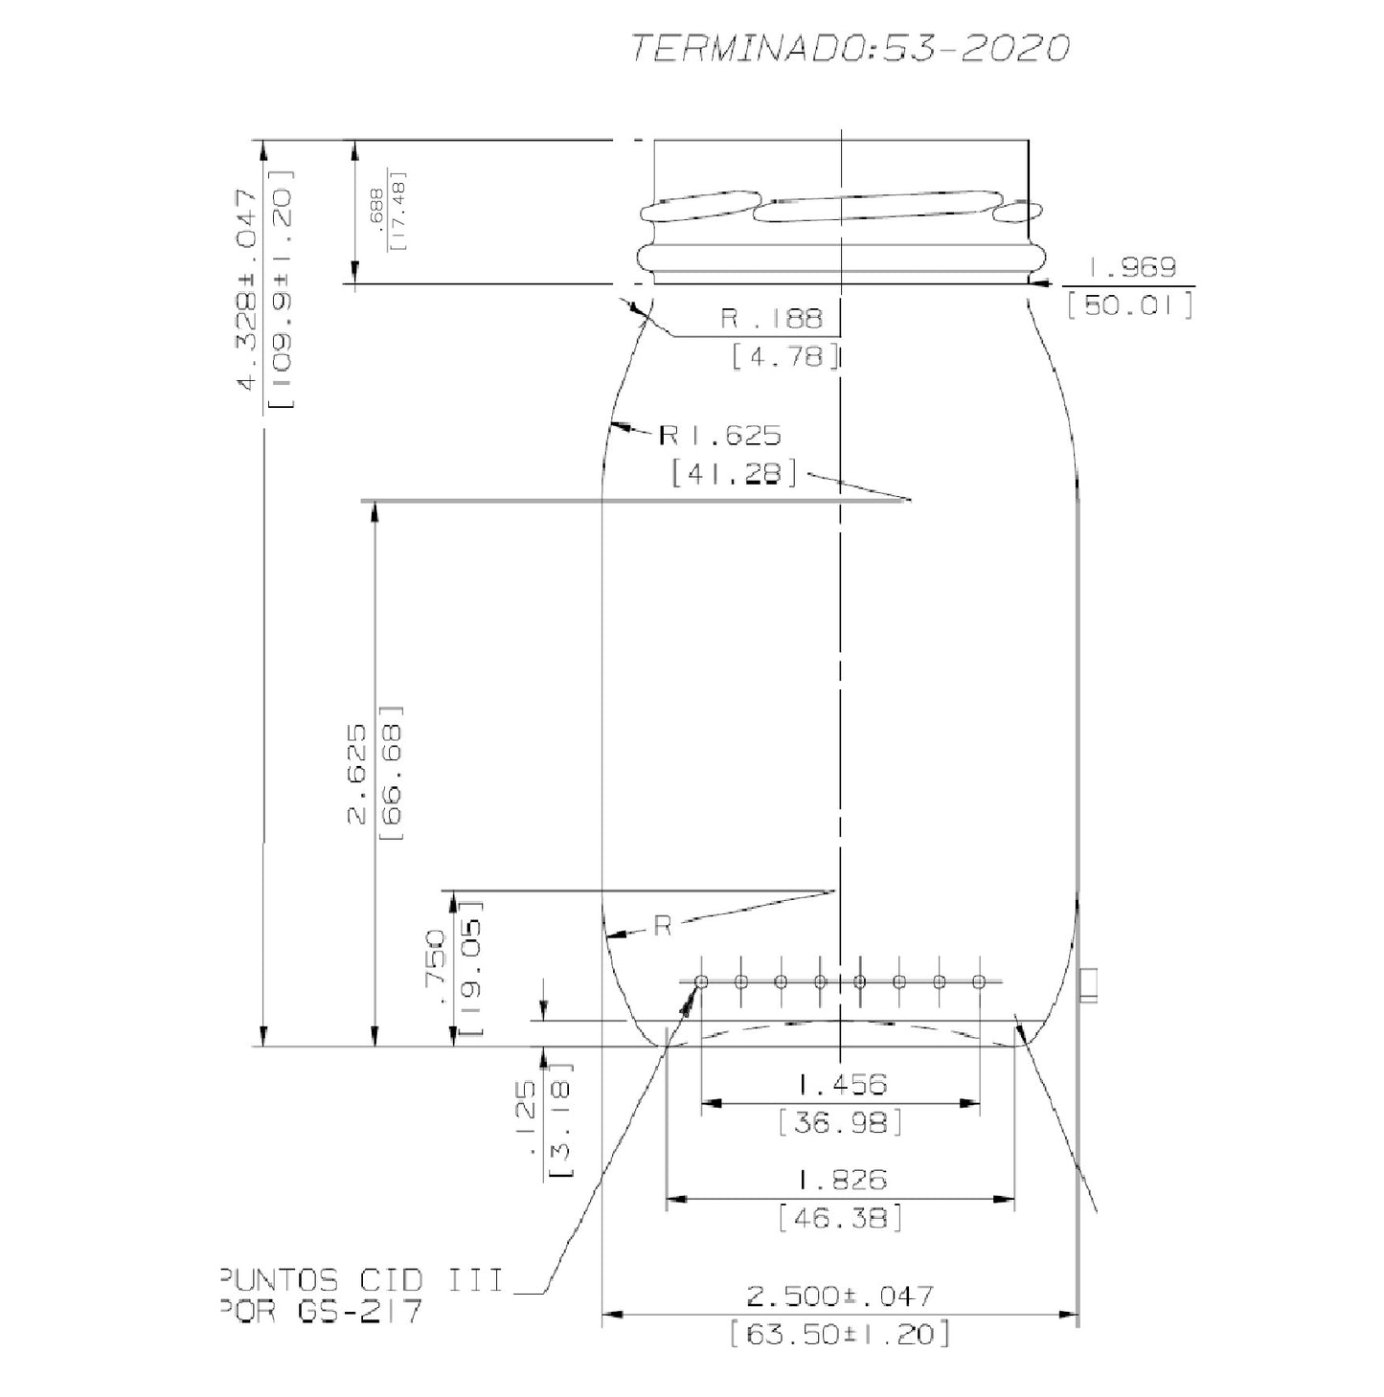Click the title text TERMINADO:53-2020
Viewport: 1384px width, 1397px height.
click(849, 49)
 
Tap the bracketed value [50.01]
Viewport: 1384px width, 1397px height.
click(1130, 306)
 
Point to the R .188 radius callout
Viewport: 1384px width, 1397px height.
click(771, 319)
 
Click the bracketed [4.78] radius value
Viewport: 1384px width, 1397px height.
click(785, 357)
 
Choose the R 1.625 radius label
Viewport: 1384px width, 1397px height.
click(719, 436)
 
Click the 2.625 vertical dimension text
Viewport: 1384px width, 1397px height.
click(356, 773)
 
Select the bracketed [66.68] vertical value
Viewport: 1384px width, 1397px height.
click(392, 773)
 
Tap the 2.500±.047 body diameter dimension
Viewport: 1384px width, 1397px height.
click(839, 1296)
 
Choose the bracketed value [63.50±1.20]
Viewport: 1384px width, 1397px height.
click(839, 1334)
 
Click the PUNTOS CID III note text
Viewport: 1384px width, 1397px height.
click(360, 1280)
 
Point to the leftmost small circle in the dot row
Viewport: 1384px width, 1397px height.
click(701, 981)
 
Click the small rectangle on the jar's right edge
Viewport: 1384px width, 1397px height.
click(1088, 984)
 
